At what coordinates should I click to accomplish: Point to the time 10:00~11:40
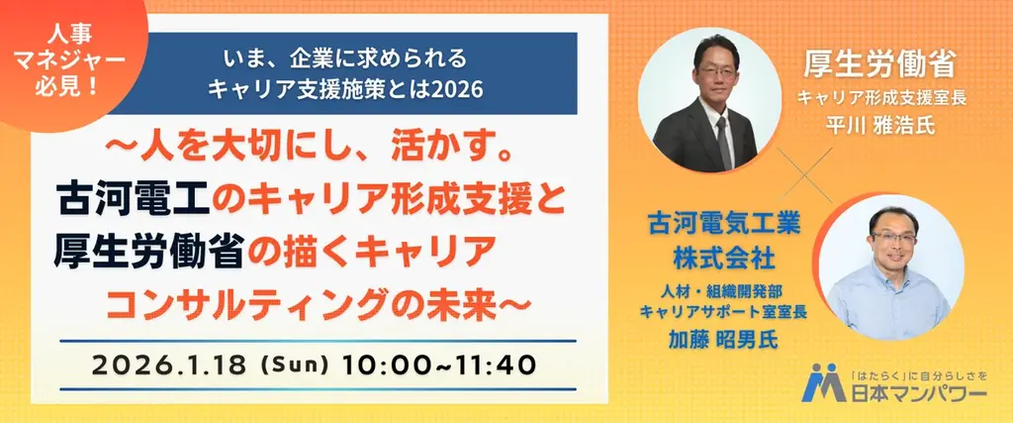click(x=439, y=363)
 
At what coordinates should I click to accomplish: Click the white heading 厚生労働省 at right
click(x=877, y=66)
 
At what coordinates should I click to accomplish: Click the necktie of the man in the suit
click(x=723, y=139)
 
